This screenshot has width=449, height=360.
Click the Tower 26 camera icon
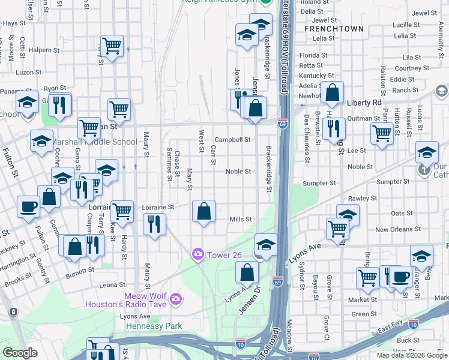pyautogui.click(x=197, y=255)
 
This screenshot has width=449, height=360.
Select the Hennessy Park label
pyautogui.click(x=154, y=326)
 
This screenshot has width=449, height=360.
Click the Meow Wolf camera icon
pyautogui.click(x=175, y=298)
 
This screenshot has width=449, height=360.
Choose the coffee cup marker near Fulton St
pyautogui.click(x=28, y=206)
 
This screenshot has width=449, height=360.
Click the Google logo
pyautogui.click(x=20, y=352)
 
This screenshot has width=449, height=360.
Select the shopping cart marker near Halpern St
pyautogui.click(x=112, y=44)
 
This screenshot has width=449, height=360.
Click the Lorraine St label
pyautogui.click(x=158, y=207)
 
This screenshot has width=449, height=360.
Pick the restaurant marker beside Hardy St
pyautogui.click(x=155, y=224)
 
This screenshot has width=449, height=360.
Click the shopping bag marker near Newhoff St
pyautogui.click(x=331, y=92)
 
